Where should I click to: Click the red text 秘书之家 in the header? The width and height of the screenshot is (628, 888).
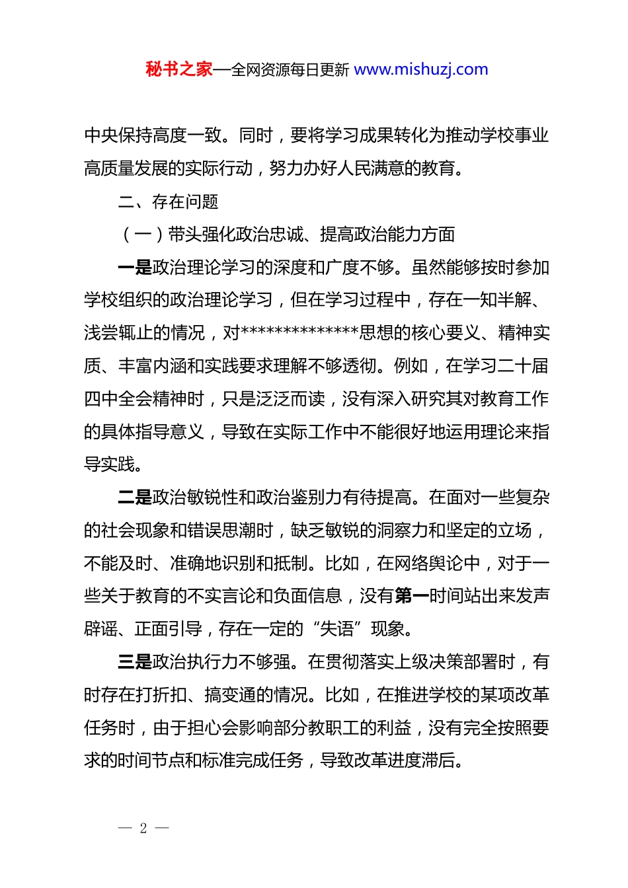point(179,69)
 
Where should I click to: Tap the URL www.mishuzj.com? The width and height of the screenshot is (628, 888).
point(421,69)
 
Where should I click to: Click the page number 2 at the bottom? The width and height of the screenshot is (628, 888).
point(143,828)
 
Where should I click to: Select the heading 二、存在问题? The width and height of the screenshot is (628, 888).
point(168,202)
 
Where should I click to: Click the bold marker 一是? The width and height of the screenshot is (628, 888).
point(135,268)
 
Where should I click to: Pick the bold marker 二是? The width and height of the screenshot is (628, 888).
point(135,498)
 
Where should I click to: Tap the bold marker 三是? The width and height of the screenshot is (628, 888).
point(135,662)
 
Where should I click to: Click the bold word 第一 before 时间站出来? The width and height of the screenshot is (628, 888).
point(412,597)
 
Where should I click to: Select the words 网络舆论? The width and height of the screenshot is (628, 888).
point(428,564)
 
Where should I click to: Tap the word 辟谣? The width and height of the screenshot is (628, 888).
point(100,629)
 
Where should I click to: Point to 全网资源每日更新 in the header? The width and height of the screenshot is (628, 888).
point(290,69)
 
